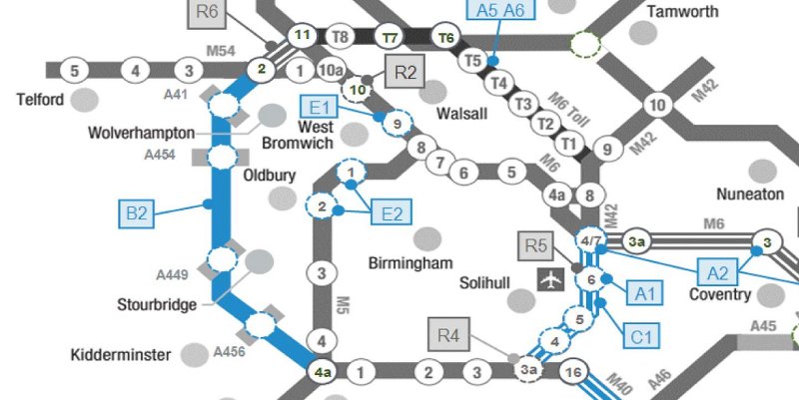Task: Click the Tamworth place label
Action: [683, 12]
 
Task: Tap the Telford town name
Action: [41, 100]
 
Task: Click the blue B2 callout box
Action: [137, 212]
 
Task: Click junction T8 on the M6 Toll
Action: [341, 37]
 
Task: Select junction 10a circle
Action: [331, 71]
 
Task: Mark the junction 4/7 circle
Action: [590, 241]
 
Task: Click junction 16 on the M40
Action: [571, 373]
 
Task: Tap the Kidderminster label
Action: [122, 354]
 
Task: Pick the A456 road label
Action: [229, 352]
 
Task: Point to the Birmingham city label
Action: [420, 262]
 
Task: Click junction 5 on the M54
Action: [73, 71]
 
